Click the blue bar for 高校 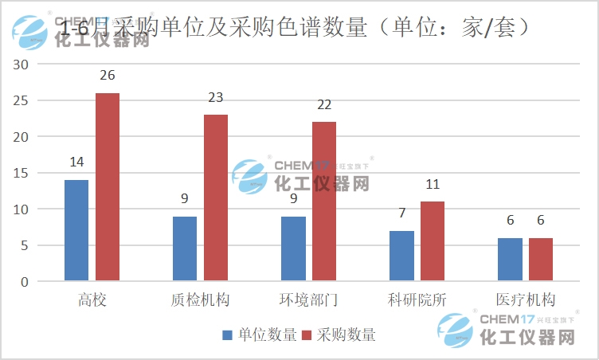click(x=76, y=231)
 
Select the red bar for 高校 click(x=108, y=187)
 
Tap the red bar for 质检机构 click(x=216, y=198)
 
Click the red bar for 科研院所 click(x=433, y=241)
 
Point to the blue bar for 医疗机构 click(x=510, y=260)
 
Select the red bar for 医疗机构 click(x=541, y=260)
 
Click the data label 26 click(x=108, y=76)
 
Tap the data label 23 click(x=216, y=98)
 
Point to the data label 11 click(x=433, y=185)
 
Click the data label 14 click(x=76, y=162)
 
